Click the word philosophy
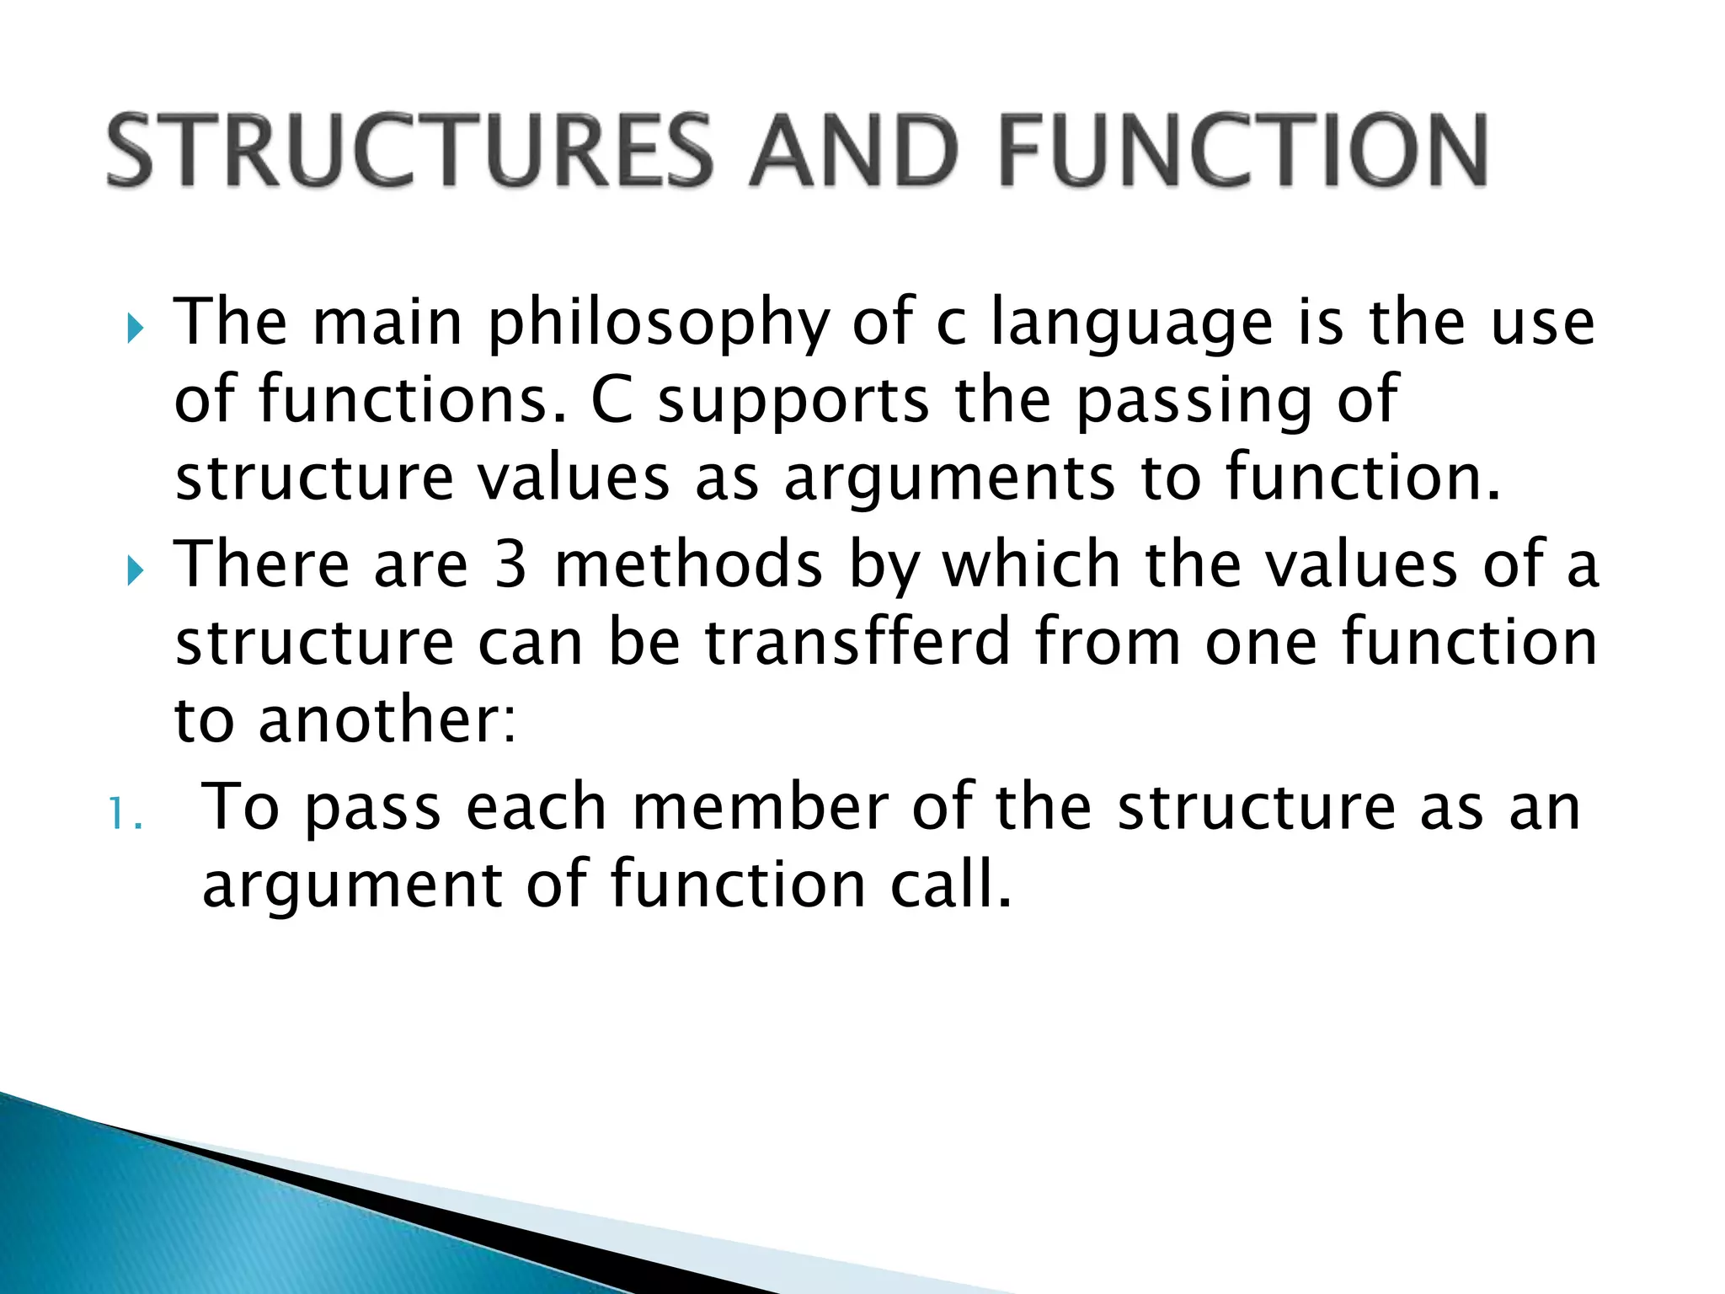tap(659, 325)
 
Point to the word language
tap(1131, 325)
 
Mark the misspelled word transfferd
tap(857, 642)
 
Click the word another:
tap(387, 720)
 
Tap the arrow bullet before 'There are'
tap(135, 571)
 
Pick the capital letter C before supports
tap(611, 401)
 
